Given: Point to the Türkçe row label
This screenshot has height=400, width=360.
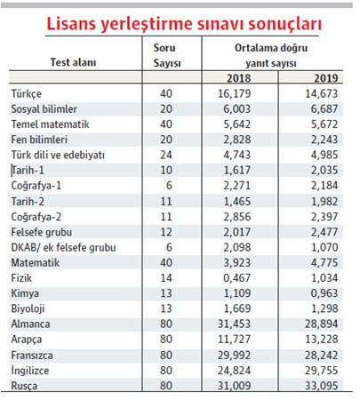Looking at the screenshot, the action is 28,93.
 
